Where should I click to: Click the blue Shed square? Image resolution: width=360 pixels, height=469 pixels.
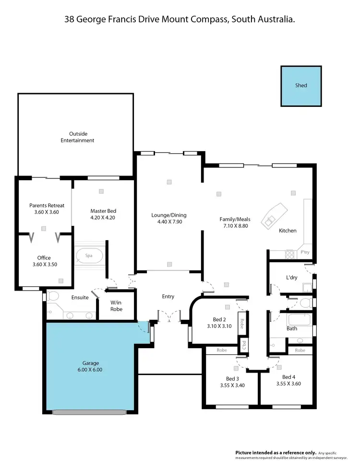pyautogui.click(x=301, y=86)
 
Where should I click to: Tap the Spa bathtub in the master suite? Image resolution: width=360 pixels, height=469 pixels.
pyautogui.click(x=89, y=256)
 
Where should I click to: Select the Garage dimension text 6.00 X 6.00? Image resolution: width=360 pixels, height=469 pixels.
pyautogui.click(x=90, y=370)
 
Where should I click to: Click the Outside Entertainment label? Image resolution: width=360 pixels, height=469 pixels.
pyautogui.click(x=77, y=137)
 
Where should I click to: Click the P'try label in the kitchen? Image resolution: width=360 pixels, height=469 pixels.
pyautogui.click(x=304, y=252)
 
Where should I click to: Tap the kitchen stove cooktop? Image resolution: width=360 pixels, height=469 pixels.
pyautogui.click(x=290, y=254)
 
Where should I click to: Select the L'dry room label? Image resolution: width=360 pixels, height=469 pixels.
pyautogui.click(x=292, y=278)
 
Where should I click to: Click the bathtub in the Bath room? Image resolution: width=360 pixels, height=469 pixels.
pyautogui.click(x=298, y=319)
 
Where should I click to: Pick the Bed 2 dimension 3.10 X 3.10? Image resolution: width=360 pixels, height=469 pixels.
pyautogui.click(x=222, y=326)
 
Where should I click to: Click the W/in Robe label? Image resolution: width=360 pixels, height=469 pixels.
pyautogui.click(x=116, y=306)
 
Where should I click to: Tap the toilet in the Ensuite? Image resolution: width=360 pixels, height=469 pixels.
pyautogui.click(x=53, y=296)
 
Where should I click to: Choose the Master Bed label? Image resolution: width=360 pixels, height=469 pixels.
pyautogui.click(x=103, y=211)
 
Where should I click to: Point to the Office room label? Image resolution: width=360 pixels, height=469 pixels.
pyautogui.click(x=44, y=258)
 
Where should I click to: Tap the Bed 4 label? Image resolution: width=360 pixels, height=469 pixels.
pyautogui.click(x=288, y=377)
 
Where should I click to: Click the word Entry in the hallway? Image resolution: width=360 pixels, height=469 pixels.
pyautogui.click(x=168, y=296)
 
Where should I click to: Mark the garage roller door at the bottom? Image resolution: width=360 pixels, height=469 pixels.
pyautogui.click(x=90, y=411)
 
